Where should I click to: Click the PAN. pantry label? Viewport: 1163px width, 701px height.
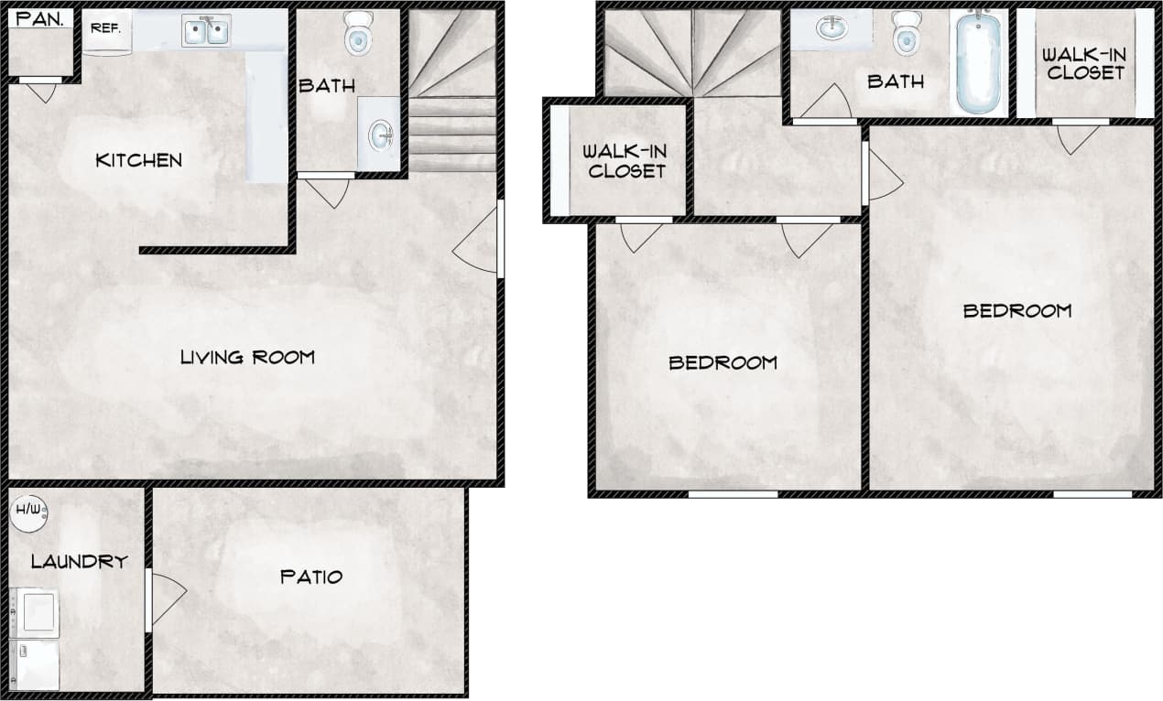pyautogui.click(x=40, y=18)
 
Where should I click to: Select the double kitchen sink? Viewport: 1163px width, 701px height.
pyautogui.click(x=206, y=32)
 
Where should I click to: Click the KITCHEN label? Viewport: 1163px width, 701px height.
pyautogui.click(x=138, y=160)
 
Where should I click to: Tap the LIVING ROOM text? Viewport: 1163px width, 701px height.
pyautogui.click(x=247, y=357)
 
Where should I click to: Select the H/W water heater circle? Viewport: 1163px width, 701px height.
pyautogui.click(x=28, y=513)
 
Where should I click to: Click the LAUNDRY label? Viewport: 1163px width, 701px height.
pyautogui.click(x=79, y=562)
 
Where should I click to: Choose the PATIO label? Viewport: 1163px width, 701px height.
pyautogui.click(x=311, y=577)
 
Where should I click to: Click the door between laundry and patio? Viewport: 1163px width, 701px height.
pyautogui.click(x=165, y=599)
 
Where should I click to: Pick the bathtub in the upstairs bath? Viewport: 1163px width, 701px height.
pyautogui.click(x=978, y=62)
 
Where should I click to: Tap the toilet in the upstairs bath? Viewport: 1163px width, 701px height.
pyautogui.click(x=906, y=34)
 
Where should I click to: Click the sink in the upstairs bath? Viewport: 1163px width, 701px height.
pyautogui.click(x=832, y=28)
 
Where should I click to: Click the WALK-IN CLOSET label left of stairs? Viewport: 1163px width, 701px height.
pyautogui.click(x=627, y=160)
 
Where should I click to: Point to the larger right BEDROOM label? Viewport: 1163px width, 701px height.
pyautogui.click(x=1016, y=311)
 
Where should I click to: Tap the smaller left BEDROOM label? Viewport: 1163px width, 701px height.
pyautogui.click(x=723, y=363)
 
